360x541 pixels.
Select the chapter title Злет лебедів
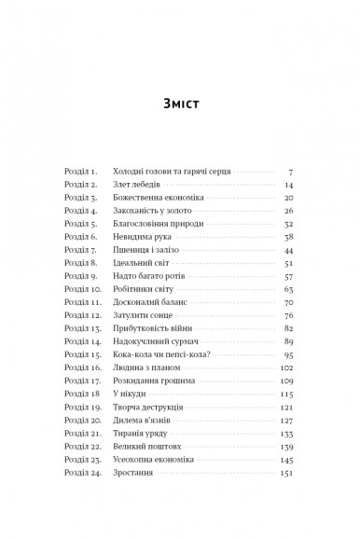click(139, 186)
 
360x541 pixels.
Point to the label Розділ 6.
click(81, 238)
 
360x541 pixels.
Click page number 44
click(288, 251)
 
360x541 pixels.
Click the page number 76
click(288, 316)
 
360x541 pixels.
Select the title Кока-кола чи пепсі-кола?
click(157, 355)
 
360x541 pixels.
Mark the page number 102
click(286, 368)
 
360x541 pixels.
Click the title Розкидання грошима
click(153, 381)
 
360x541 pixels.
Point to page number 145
click(286, 460)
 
